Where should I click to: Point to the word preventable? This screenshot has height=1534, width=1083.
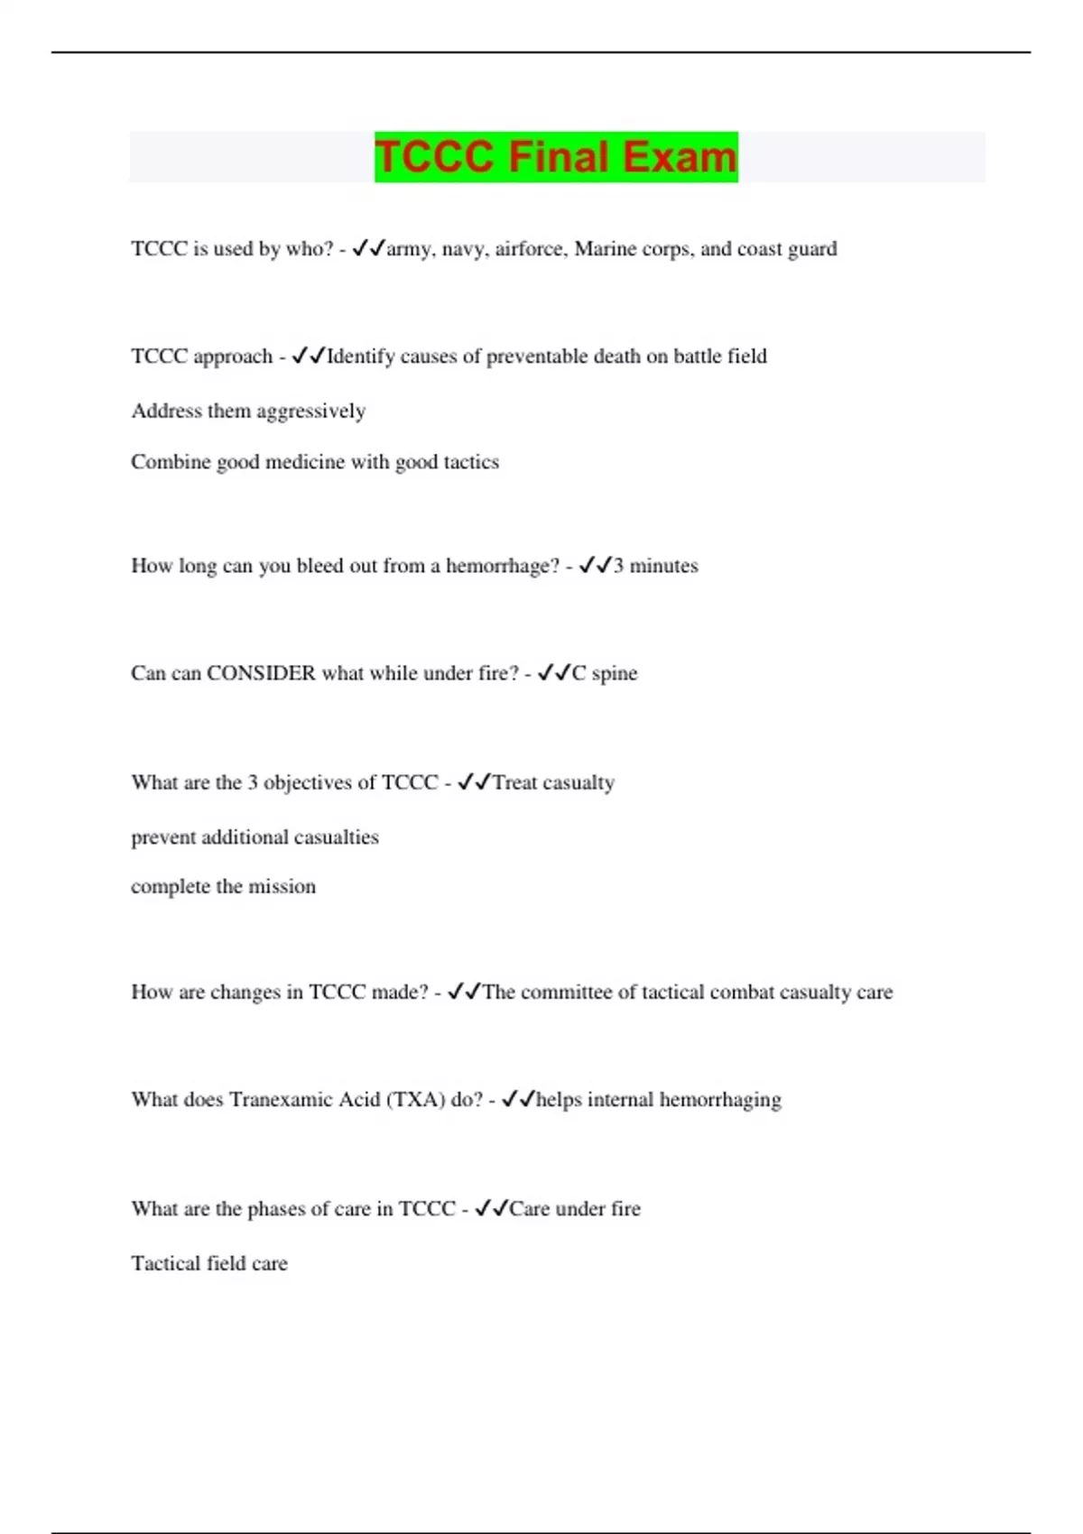(537, 357)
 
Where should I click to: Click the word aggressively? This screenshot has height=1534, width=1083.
(311, 412)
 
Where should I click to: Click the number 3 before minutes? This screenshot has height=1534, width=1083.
(618, 566)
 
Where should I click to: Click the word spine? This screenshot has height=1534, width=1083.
(615, 674)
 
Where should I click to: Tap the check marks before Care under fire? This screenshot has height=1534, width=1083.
(492, 1208)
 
